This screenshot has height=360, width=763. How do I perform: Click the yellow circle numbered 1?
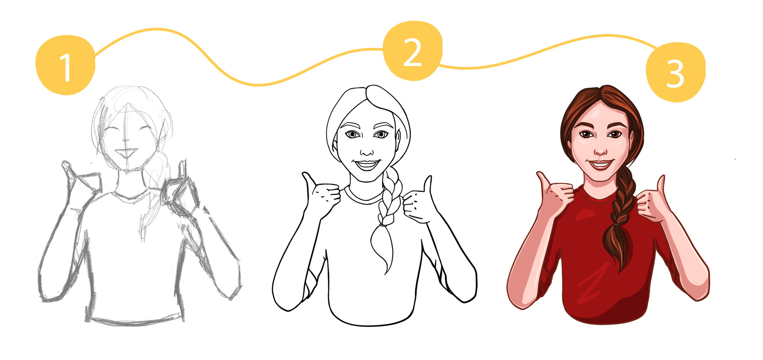point(66,65)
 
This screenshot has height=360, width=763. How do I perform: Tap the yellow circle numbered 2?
point(413,50)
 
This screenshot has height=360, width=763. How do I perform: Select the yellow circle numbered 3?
point(676,72)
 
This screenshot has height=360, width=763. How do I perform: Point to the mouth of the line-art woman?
point(367,165)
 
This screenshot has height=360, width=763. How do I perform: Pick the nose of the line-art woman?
point(367,151)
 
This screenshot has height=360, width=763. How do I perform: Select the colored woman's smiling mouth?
point(601,164)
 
